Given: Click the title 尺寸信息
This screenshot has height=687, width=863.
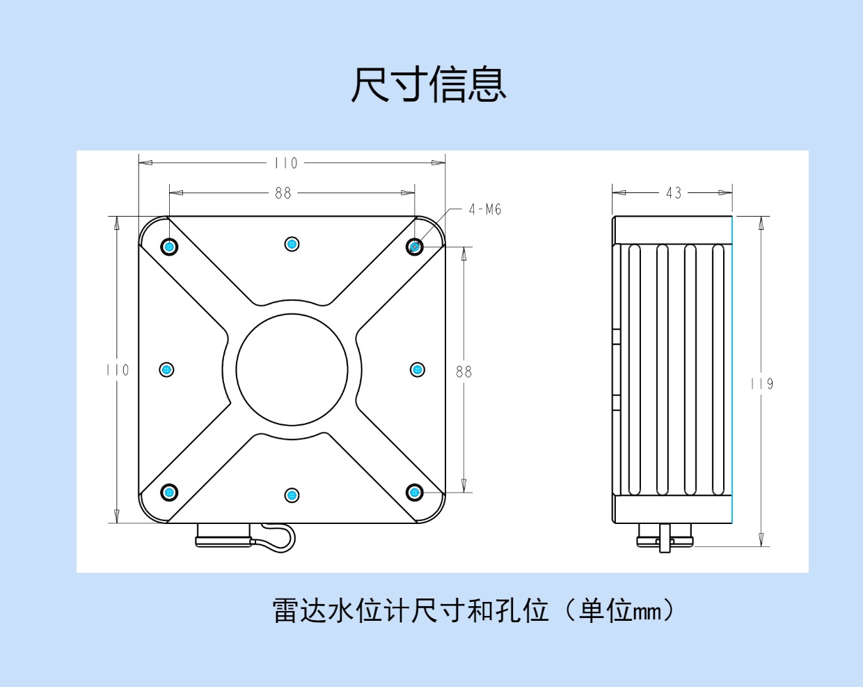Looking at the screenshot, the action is click(x=428, y=85).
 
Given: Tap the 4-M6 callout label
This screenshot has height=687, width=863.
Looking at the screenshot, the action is click(x=485, y=209).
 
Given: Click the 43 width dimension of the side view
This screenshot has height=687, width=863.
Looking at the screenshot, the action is click(x=674, y=193).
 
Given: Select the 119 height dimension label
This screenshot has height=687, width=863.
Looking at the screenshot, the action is click(x=761, y=384).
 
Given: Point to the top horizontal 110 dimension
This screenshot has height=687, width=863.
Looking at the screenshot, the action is click(x=285, y=163).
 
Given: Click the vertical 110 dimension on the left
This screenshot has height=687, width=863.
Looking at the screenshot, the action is click(x=118, y=370).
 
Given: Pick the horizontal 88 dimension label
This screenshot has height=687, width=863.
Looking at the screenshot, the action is click(x=283, y=193).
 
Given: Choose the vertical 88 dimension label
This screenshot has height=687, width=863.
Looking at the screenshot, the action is click(x=464, y=372).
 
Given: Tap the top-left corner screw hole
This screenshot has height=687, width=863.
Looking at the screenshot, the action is click(x=169, y=247).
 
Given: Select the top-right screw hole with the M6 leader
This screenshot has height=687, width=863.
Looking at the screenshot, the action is click(x=415, y=247).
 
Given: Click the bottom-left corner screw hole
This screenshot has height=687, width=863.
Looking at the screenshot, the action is click(x=169, y=493).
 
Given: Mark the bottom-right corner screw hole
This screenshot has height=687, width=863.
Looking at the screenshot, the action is click(x=415, y=493).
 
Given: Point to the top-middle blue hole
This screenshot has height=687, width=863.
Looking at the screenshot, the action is click(x=292, y=244).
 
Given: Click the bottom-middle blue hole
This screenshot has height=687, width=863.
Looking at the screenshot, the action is click(x=292, y=495).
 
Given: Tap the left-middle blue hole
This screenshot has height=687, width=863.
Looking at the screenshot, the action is click(x=166, y=369).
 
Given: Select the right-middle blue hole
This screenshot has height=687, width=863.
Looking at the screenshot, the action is click(x=418, y=369).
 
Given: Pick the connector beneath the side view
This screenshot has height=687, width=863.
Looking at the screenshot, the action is click(x=665, y=538).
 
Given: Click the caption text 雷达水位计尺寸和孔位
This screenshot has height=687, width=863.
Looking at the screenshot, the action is click(x=410, y=611).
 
